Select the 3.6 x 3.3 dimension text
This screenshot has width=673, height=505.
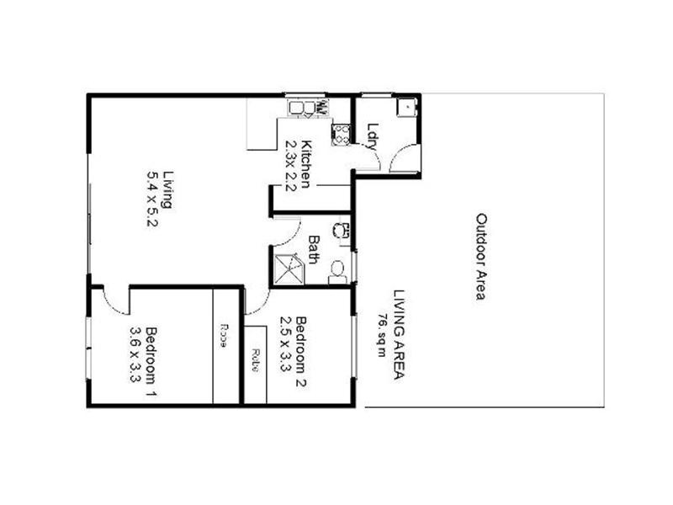coord(135,353)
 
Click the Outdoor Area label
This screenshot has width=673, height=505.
coord(481,257)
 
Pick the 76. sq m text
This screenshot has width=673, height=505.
coord(381,335)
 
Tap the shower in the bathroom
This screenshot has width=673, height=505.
coord(288,268)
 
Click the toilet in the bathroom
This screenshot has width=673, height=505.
coord(338,268)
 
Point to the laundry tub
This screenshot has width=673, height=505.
coord(405,107)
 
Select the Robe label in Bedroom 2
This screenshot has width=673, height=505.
coord(254,360)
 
